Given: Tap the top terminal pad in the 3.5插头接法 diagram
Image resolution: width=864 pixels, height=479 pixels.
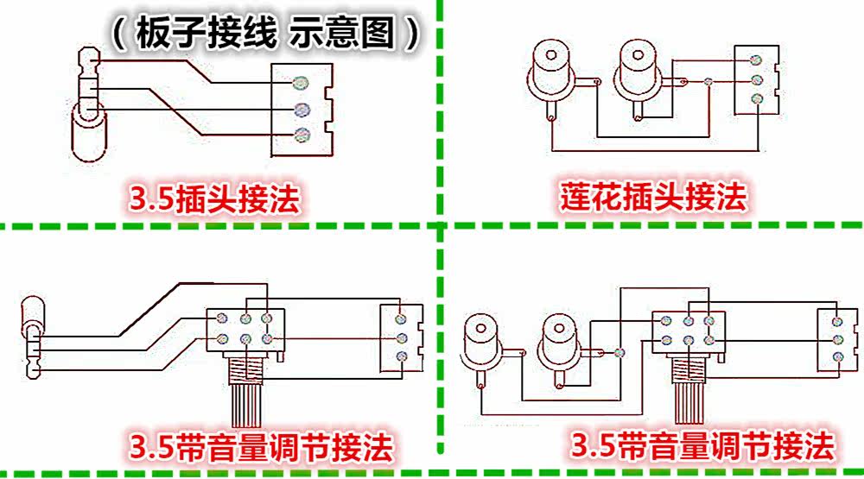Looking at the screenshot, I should tap(302, 82).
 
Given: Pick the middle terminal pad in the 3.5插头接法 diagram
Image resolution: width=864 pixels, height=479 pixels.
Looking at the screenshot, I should tap(302, 110).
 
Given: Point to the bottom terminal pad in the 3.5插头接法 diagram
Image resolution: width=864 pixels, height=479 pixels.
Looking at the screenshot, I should tap(302, 134).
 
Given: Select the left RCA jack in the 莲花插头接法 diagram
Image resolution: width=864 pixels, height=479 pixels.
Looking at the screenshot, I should tap(550, 69).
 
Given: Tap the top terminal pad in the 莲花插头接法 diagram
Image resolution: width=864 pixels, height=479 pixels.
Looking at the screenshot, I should tap(756, 60).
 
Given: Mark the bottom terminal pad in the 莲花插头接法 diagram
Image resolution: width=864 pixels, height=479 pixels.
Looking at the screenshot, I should tap(756, 98).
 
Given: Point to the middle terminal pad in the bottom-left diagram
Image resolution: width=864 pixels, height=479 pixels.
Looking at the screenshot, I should tap(400, 337).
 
